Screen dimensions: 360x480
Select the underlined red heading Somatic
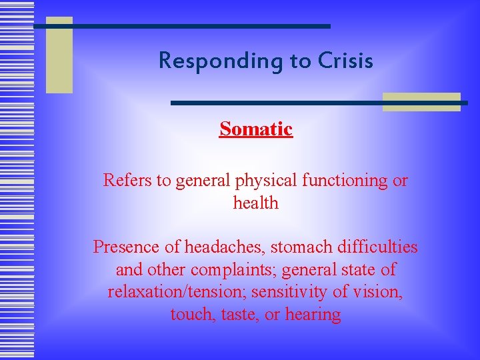point(256,129)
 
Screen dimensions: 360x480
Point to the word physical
point(258,181)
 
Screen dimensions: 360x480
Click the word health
point(256,203)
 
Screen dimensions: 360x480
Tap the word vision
point(383,292)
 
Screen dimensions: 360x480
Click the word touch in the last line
point(191,315)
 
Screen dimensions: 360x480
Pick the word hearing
point(313,315)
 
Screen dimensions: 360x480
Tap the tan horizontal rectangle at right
point(421,101)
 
